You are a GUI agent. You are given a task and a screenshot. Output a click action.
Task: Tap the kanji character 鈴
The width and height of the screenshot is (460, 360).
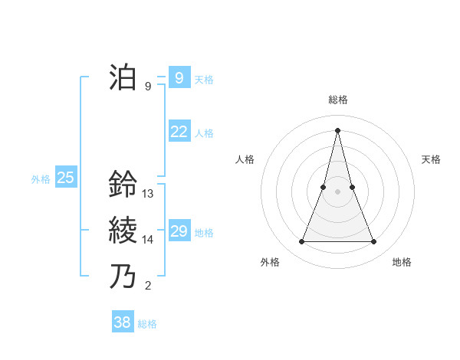123,184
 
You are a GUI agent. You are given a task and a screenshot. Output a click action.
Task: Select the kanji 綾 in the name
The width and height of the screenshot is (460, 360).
123,229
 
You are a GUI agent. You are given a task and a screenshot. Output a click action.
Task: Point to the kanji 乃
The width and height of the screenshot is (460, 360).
123,275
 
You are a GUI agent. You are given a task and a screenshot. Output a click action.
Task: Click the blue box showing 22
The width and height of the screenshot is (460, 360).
179,132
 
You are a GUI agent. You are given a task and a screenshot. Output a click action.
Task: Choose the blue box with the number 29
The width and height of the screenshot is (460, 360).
179,231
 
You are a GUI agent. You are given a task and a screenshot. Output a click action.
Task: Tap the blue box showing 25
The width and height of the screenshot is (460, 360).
66,178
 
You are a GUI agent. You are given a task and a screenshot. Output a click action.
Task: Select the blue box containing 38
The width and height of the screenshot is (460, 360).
123,322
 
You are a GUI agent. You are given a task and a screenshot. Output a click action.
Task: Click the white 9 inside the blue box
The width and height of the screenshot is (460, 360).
179,78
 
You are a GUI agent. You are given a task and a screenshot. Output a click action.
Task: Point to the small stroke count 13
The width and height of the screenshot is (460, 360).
148,194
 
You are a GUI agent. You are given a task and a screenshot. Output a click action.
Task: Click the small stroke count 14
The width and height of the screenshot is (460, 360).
148,240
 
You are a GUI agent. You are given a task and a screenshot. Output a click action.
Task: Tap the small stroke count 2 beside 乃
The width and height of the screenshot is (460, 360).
148,286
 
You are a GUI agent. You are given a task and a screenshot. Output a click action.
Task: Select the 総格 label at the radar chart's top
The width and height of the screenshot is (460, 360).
337,100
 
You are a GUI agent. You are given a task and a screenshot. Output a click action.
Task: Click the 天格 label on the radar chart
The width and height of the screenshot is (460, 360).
431,159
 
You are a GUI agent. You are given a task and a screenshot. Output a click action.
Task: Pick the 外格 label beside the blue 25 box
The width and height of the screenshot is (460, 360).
41,179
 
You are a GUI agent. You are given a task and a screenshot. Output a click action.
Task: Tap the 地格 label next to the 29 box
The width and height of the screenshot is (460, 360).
204,233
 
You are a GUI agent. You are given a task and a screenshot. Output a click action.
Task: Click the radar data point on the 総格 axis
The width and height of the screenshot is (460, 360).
337,130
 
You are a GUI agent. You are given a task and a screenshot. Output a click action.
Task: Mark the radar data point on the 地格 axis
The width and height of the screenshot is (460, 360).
373,242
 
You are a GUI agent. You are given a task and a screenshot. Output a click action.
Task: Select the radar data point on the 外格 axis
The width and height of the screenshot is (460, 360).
301,242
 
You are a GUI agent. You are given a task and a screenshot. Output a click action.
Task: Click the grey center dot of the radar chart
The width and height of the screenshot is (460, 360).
337,191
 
